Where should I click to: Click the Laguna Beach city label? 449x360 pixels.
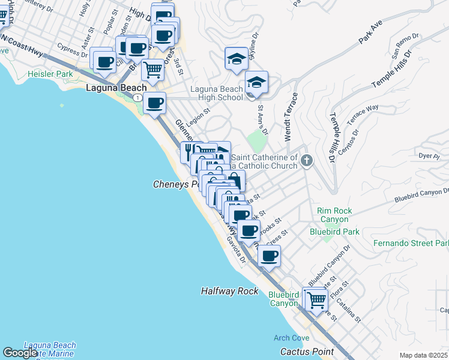pos(116,88)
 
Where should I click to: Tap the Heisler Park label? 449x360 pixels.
pos(50,74)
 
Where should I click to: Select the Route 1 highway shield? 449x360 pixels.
pos(139,97)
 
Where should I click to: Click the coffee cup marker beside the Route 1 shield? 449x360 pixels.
pos(154,103)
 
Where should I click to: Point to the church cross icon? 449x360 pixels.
pos(307,160)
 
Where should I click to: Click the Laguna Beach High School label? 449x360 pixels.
pos(217,94)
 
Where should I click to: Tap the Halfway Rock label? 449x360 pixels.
pos(229,291)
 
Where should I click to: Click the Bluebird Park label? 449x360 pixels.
pos(334,231)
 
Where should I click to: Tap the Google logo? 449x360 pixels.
pos(20,353)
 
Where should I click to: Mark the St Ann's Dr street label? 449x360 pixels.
pos(262,119)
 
